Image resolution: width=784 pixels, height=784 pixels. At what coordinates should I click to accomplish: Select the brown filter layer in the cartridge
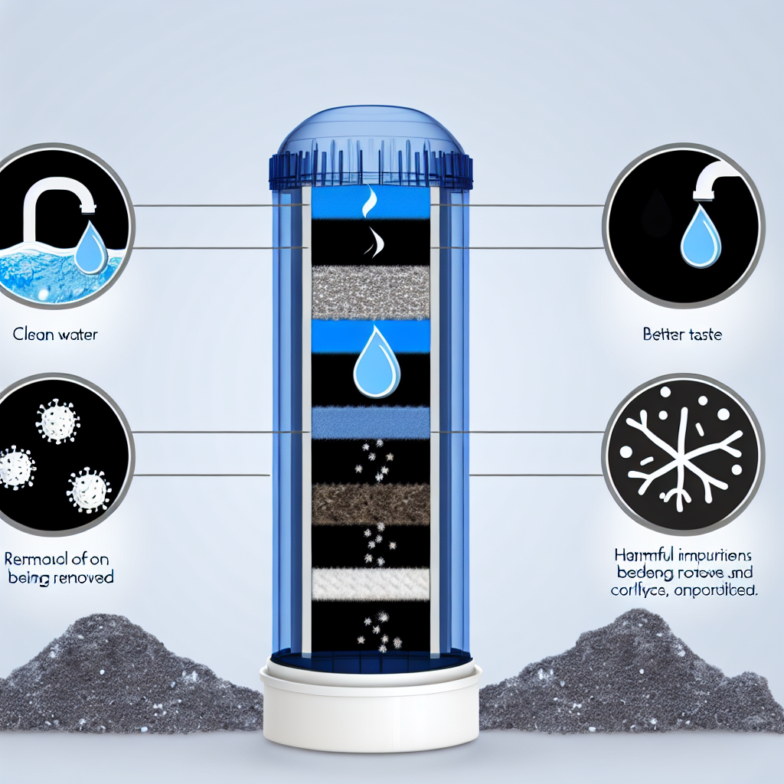click(x=371, y=504)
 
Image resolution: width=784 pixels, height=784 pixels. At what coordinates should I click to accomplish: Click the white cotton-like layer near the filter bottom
click(x=371, y=584)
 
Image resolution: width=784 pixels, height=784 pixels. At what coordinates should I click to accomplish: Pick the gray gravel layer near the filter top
click(x=371, y=291)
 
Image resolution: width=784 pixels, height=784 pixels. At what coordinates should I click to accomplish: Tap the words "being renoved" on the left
click(x=60, y=577)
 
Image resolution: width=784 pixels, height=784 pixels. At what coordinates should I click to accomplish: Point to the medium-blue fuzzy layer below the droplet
click(x=371, y=421)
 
